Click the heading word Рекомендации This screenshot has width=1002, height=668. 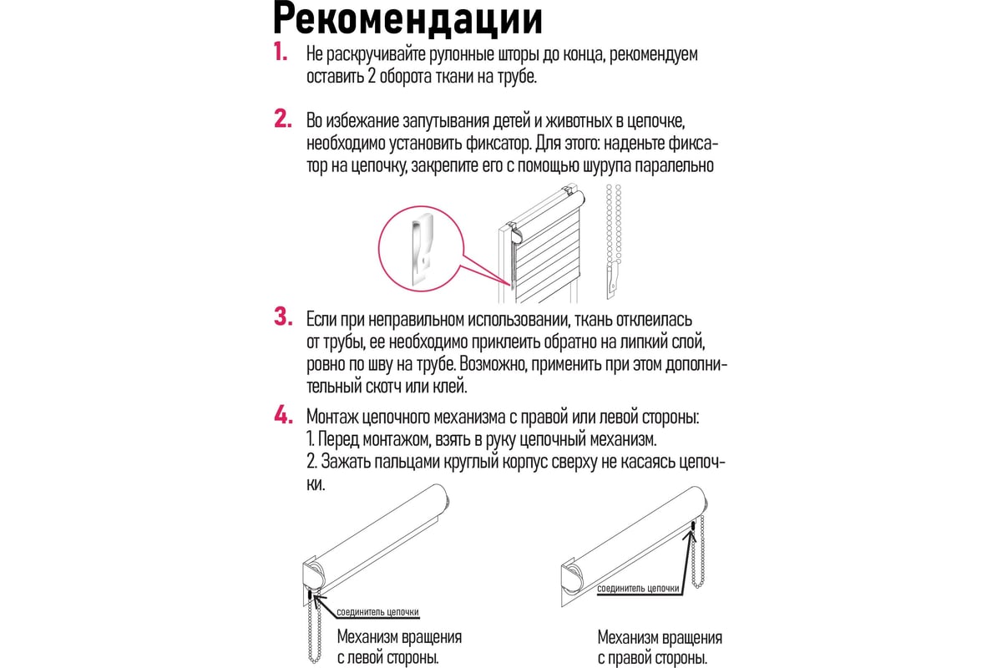pos(407,19)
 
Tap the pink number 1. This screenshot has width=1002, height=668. pos(281,52)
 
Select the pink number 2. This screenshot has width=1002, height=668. pos(283,119)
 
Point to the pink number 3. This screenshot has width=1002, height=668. pos(283,316)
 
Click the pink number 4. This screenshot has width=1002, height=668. pos(284,415)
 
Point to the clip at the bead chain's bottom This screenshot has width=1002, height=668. pos(612,281)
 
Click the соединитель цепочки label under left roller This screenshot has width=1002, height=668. pos(377,611)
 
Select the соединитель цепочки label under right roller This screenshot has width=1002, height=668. pos(638,589)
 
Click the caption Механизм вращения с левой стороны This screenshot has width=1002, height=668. pos(399,647)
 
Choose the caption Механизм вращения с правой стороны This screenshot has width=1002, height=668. pos(660,647)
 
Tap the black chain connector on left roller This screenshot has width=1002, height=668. pos(310,595)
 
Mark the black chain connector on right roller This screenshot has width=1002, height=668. pos(693,526)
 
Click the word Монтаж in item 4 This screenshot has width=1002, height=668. pos(332,417)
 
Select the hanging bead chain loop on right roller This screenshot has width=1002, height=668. pos(698,553)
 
